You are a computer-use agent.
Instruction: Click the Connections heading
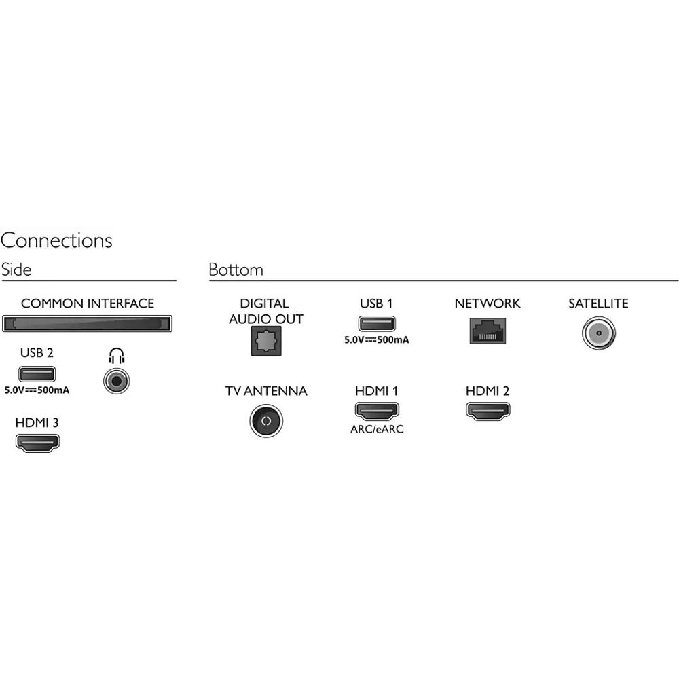pyautogui.click(x=56, y=241)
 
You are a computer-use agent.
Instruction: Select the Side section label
pyautogui.click(x=16, y=270)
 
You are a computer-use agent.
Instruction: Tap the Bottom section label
pyautogui.click(x=236, y=270)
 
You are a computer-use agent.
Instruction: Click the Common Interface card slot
pyautogui.click(x=87, y=323)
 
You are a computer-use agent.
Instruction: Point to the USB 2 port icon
pyautogui.click(x=37, y=373)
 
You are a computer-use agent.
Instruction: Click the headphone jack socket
pyautogui.click(x=117, y=381)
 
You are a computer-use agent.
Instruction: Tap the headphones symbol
pyautogui.click(x=117, y=355)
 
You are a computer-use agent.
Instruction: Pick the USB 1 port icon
pyautogui.click(x=376, y=323)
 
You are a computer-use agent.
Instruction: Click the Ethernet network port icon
pyautogui.click(x=487, y=331)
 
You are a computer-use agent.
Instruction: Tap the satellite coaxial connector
pyautogui.click(x=598, y=334)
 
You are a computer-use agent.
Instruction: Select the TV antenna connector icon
pyautogui.click(x=265, y=421)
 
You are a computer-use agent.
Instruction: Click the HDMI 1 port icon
pyautogui.click(x=376, y=410)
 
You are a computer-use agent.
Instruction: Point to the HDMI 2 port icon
pyautogui.click(x=488, y=410)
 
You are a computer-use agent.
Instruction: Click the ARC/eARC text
pyautogui.click(x=376, y=429)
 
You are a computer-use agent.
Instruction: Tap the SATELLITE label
pyautogui.click(x=598, y=304)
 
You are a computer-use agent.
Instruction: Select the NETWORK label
pyautogui.click(x=487, y=304)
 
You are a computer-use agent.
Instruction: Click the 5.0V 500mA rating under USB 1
pyautogui.click(x=376, y=339)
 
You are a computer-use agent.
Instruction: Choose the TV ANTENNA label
pyautogui.click(x=265, y=391)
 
